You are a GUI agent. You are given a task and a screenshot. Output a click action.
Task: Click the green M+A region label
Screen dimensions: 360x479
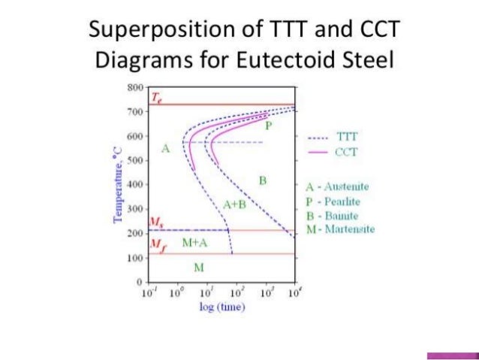tap(194, 243)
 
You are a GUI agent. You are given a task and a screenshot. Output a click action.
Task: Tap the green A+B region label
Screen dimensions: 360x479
tap(235, 204)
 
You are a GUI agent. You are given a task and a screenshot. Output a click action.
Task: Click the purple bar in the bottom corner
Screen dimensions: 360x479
tap(452, 355)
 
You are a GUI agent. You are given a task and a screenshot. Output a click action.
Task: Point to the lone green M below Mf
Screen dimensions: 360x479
tap(198, 267)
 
